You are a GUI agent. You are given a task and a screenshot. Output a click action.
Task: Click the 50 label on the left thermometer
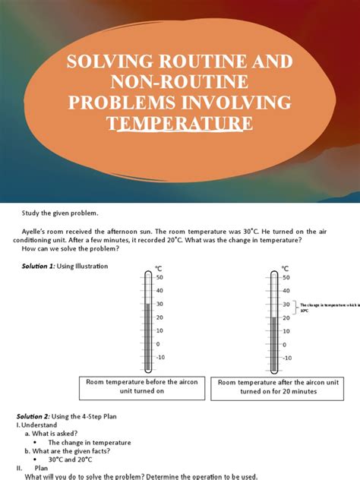click(160, 278)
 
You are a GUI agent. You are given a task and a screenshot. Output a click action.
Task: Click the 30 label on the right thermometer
click(286, 305)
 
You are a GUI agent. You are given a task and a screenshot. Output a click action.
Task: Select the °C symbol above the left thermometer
click(159, 268)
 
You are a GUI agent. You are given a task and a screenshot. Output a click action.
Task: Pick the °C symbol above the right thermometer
click(286, 268)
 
